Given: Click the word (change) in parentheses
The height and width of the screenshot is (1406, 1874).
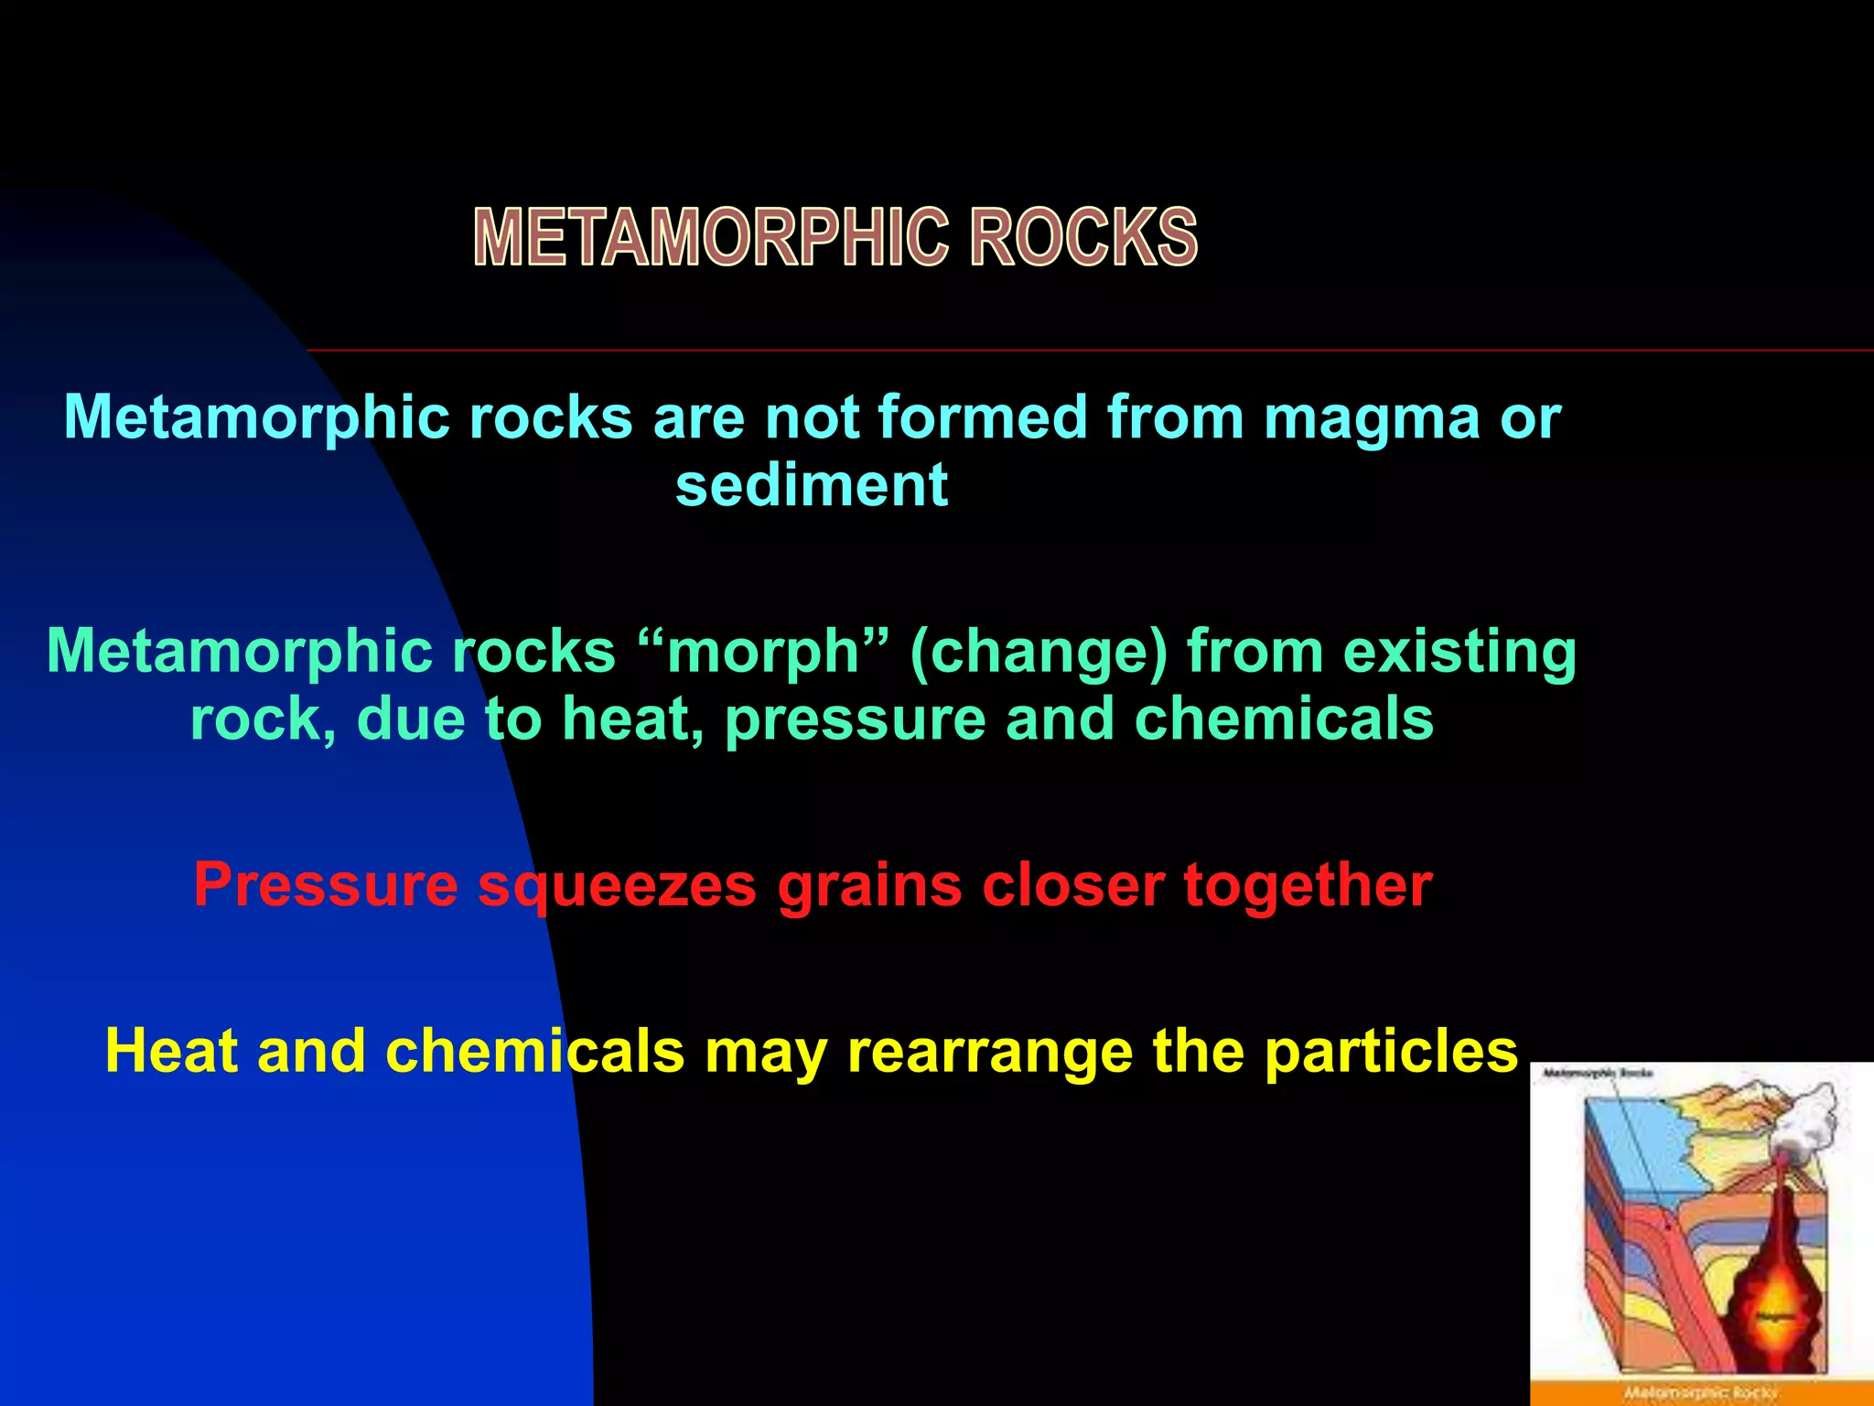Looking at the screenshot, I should [1038, 653].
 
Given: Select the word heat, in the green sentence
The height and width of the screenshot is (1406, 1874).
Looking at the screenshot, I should [632, 719].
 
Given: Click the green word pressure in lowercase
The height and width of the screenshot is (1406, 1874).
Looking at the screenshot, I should [855, 719].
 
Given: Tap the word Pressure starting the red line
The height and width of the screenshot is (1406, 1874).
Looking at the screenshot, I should [325, 885].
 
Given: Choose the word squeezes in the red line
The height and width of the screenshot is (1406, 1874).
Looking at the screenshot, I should [618, 885].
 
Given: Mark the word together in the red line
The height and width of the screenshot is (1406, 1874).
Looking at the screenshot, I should [1308, 885].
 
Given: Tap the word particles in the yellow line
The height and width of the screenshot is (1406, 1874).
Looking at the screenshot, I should [1391, 1051].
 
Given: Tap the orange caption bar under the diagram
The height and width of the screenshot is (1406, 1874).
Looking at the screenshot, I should [1702, 1393].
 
